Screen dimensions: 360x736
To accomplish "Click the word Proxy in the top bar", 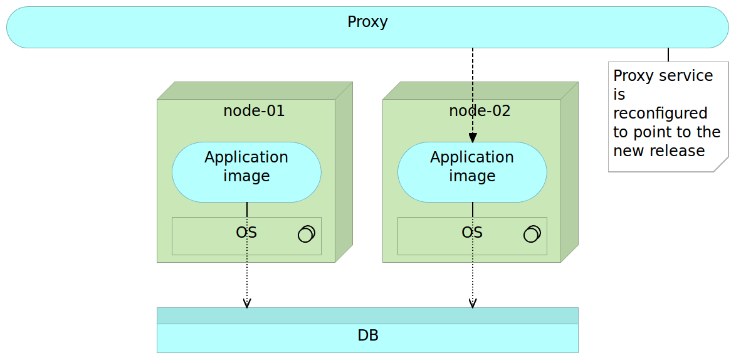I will click(367, 22).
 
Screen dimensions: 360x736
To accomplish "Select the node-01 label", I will click(254, 111).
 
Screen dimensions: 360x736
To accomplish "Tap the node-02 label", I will click(480, 111).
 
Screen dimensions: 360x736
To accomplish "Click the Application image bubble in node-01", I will click(246, 171).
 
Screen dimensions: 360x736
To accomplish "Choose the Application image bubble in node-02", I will click(472, 171).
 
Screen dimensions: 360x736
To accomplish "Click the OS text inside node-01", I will click(246, 233).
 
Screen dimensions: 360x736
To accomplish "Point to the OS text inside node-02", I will click(471, 233).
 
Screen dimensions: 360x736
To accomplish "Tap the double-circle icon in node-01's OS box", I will click(306, 234).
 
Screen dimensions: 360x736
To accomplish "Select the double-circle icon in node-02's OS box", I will click(532, 234).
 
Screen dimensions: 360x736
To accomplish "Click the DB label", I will click(367, 336).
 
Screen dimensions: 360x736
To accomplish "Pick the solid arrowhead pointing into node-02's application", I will click(473, 137).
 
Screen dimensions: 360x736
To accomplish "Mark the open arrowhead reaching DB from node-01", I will click(247, 304).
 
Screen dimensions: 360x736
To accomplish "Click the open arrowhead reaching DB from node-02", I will click(473, 304).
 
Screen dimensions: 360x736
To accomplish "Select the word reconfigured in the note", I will click(660, 114).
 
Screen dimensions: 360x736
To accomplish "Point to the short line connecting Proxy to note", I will click(668, 55).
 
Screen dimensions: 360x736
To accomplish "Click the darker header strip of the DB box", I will click(367, 315).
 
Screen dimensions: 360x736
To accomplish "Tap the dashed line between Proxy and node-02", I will click(473, 88).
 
